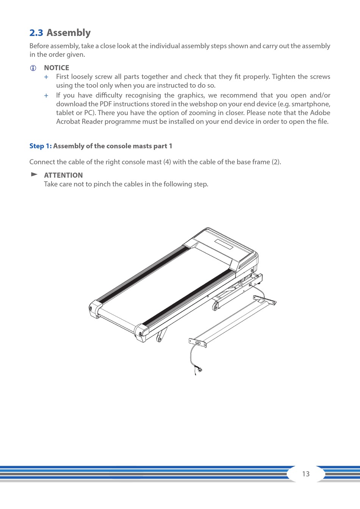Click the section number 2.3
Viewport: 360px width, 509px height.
(x=36, y=33)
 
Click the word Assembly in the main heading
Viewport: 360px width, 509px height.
(x=69, y=33)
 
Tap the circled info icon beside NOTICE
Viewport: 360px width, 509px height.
(x=33, y=68)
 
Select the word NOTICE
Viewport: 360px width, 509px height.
(x=56, y=68)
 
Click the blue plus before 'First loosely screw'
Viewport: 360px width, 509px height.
(x=46, y=77)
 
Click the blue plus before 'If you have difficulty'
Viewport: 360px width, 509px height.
(x=46, y=96)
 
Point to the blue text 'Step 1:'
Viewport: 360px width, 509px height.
(x=40, y=146)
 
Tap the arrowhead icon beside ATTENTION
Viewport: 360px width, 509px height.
(x=34, y=174)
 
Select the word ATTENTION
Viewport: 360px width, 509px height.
(x=63, y=175)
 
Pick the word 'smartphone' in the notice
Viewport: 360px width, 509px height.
(x=311, y=104)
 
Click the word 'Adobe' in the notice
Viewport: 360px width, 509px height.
(x=320, y=113)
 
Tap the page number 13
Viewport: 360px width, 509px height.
(x=306, y=474)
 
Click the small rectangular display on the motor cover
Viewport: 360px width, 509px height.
(x=224, y=244)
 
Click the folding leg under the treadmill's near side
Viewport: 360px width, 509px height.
(x=161, y=335)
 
